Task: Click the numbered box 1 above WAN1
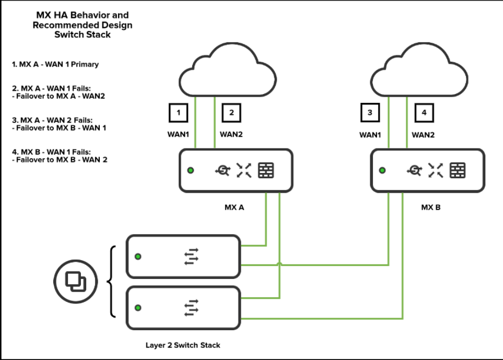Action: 179,113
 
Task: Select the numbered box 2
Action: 231,113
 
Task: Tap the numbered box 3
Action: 370,113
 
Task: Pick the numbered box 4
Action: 424,113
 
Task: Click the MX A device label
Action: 235,207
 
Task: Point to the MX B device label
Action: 431,207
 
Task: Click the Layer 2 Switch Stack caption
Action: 183,345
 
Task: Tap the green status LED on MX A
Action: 191,170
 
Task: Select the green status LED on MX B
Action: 382,170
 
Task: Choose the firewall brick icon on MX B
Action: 458,170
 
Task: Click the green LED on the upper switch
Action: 138,257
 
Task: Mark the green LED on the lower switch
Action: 138,308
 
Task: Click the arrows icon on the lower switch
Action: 191,308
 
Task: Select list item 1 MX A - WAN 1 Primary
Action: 55,64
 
